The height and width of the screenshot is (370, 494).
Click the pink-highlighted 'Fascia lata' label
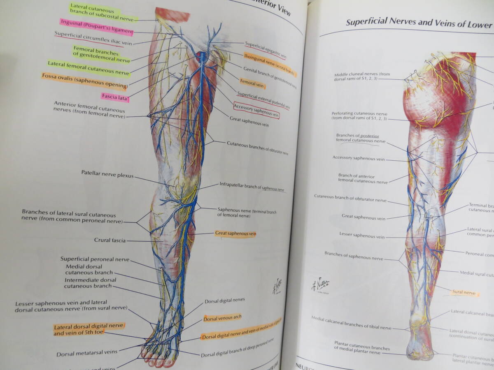click(x=115, y=97)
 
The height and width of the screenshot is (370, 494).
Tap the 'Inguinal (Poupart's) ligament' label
click(x=96, y=26)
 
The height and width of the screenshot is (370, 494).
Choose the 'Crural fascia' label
click(x=110, y=240)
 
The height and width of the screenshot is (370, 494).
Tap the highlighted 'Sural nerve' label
click(x=464, y=293)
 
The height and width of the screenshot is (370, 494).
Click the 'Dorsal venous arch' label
click(x=222, y=318)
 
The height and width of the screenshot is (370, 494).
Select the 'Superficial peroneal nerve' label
click(x=95, y=259)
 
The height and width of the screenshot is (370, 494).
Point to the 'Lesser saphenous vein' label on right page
click(x=362, y=236)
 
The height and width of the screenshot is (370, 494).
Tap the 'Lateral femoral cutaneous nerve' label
click(x=89, y=69)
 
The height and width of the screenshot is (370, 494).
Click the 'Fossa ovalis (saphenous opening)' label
click(x=84, y=81)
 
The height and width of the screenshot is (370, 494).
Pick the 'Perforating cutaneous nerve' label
click(x=359, y=116)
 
